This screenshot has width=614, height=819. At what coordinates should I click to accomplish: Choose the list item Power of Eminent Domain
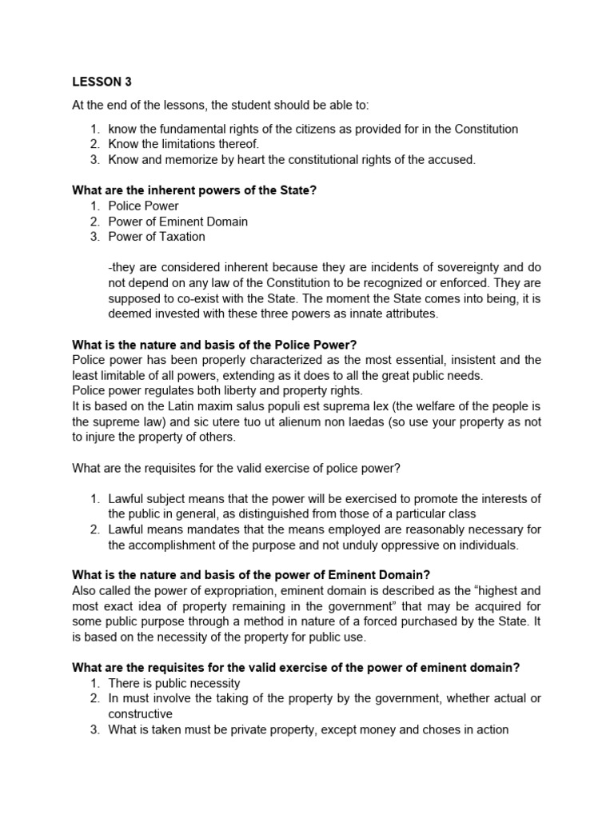178,222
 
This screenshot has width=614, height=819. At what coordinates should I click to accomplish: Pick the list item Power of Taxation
157,237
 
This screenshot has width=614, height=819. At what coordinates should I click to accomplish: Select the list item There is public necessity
174,683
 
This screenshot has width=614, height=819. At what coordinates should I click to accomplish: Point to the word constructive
141,714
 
